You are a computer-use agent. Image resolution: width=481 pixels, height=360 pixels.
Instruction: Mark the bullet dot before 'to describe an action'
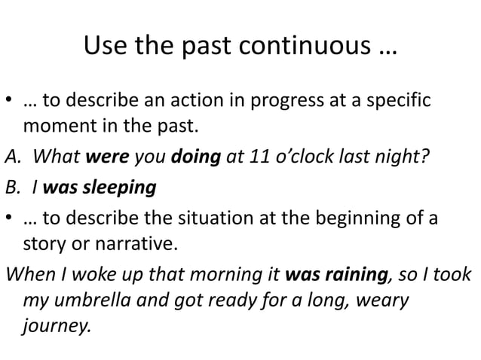tap(11, 101)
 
